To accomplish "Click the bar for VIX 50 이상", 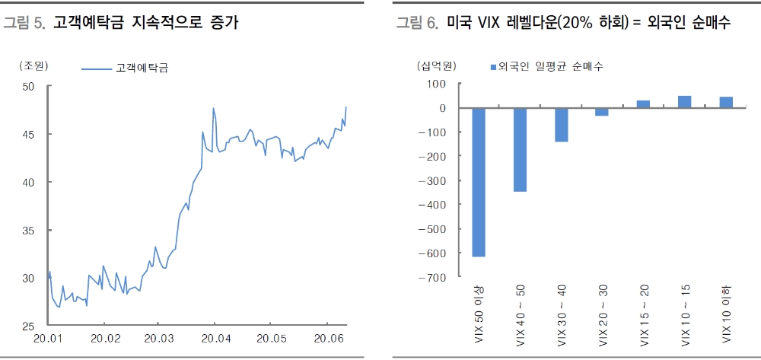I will tap(479, 182).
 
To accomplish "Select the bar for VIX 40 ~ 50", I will tap(520, 149).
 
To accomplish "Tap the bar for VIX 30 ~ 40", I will tap(561, 125).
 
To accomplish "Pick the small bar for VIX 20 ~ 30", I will tap(602, 112).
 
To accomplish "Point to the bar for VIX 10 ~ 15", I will tap(684, 102).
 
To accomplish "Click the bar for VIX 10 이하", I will tap(725, 103).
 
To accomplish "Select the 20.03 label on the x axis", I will tap(159, 338).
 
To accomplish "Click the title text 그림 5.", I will tap(23, 24).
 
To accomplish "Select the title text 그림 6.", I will tap(416, 24).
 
